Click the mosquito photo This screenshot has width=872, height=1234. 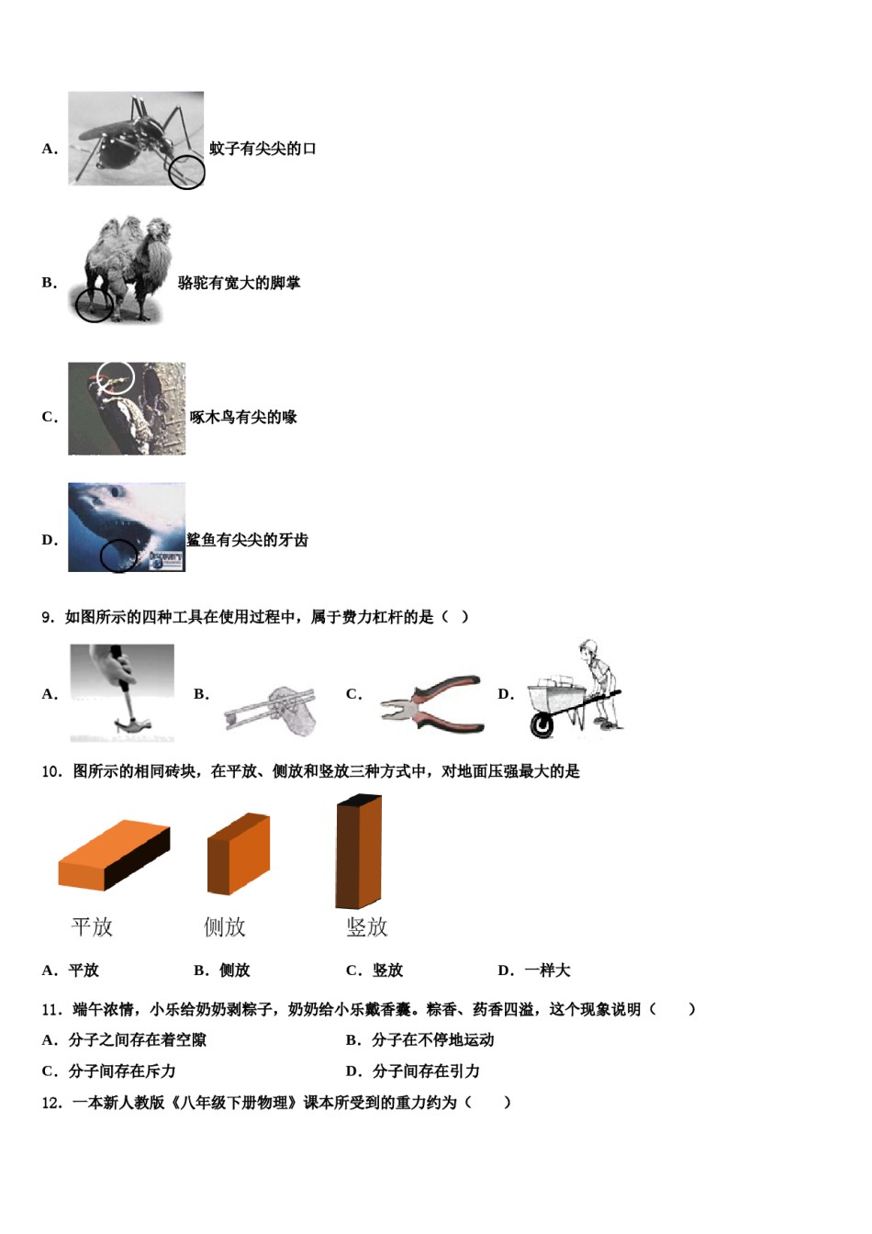pyautogui.click(x=135, y=138)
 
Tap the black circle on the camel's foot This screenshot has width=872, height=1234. pyautogui.click(x=94, y=305)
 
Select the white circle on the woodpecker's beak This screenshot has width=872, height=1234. pyautogui.click(x=117, y=377)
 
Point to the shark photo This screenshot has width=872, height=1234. pyautogui.click(x=127, y=527)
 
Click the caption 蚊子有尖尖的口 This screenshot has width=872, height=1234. pyautogui.click(x=263, y=149)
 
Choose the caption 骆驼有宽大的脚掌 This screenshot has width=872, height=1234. pyautogui.click(x=239, y=283)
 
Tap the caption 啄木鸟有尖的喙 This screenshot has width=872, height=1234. pyautogui.click(x=243, y=417)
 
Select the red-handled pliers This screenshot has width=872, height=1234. pyautogui.click(x=431, y=703)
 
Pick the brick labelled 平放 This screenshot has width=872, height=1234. pyautogui.click(x=114, y=855)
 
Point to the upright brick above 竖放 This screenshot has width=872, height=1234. pyautogui.click(x=358, y=851)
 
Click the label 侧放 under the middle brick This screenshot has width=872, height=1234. pyautogui.click(x=225, y=927)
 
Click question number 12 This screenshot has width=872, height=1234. pyautogui.click(x=51, y=1103)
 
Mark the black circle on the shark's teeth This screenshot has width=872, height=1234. pyautogui.click(x=119, y=555)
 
